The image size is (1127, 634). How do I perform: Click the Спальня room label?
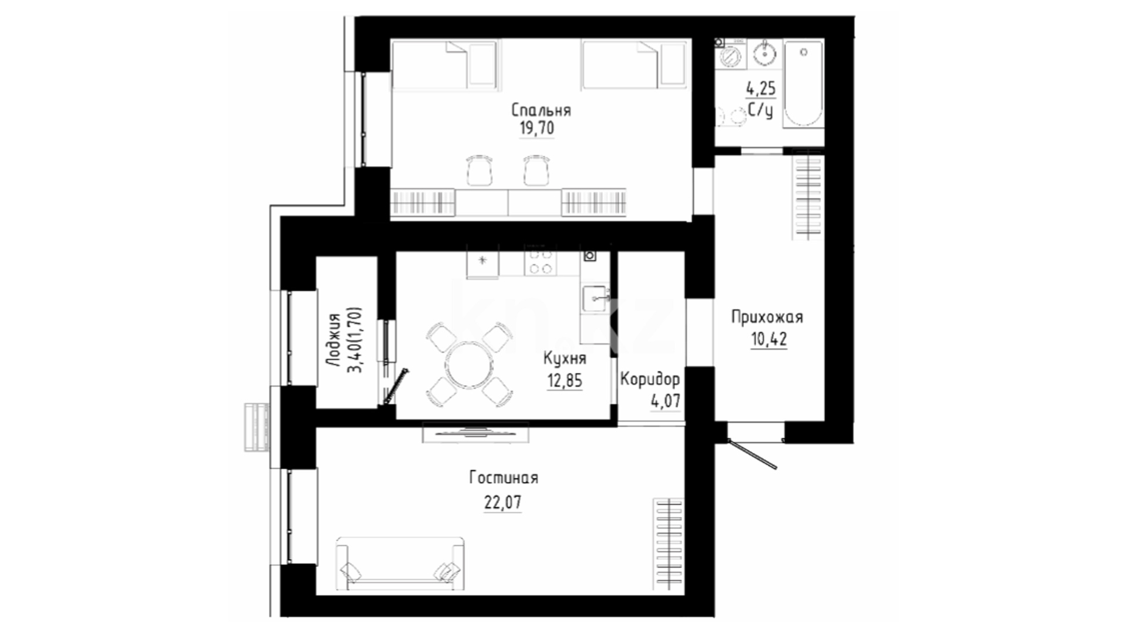click(x=541, y=110)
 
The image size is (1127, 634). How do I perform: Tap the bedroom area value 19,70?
click(x=536, y=129)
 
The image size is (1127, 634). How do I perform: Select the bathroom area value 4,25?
click(x=761, y=89)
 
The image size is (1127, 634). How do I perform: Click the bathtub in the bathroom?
click(x=804, y=83)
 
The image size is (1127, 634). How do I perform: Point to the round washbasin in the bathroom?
click(x=765, y=55)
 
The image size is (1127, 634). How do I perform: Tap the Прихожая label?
click(x=767, y=318)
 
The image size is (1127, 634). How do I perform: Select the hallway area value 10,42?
click(x=769, y=339)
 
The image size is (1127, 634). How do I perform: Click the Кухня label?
click(x=564, y=358)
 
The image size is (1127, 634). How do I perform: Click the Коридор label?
click(x=650, y=379)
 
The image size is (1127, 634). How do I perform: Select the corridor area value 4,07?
click(x=666, y=401)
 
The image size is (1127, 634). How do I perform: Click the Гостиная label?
click(x=504, y=478)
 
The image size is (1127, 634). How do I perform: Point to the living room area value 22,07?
click(x=502, y=503)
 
